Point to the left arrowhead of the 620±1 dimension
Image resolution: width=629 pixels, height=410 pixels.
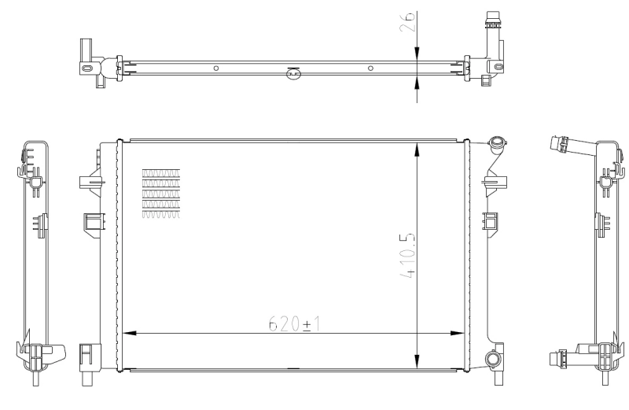coord(126,333)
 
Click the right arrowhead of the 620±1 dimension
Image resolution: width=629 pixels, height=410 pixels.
coord(459,333)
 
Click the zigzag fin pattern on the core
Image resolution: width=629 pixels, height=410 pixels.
coord(160,193)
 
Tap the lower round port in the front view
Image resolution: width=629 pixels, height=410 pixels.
coord(494,360)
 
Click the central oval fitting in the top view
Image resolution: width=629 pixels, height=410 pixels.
coord(292,74)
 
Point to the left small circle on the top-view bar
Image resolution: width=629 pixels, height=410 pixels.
coord(215,68)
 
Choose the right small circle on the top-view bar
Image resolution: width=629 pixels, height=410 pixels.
coord(370,68)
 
